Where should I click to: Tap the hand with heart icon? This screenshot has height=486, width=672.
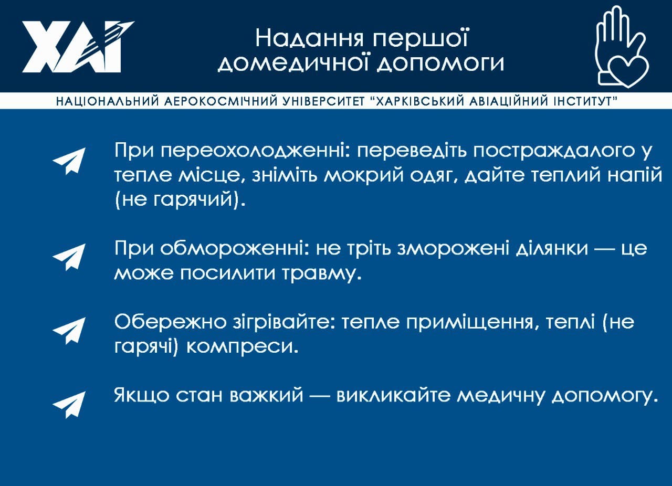(x=621, y=47)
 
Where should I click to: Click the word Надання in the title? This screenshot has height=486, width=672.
(x=309, y=38)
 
